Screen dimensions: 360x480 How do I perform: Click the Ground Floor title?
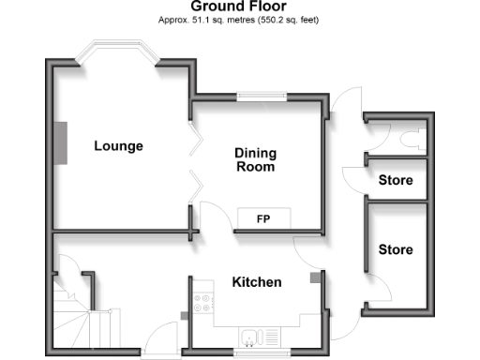click(239, 7)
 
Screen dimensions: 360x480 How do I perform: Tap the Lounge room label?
click(118, 146)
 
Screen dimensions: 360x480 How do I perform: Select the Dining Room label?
click(255, 160)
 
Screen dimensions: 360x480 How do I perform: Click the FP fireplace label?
click(263, 218)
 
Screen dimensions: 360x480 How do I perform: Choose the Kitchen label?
click(257, 282)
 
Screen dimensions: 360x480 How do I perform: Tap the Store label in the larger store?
click(395, 250)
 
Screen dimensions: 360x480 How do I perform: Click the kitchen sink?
click(250, 337)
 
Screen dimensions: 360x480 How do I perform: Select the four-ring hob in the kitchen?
click(202, 302)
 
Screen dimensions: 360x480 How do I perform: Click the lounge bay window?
click(115, 52)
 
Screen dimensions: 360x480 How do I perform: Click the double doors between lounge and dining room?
click(194, 165)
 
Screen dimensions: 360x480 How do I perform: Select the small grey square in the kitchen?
click(316, 277)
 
